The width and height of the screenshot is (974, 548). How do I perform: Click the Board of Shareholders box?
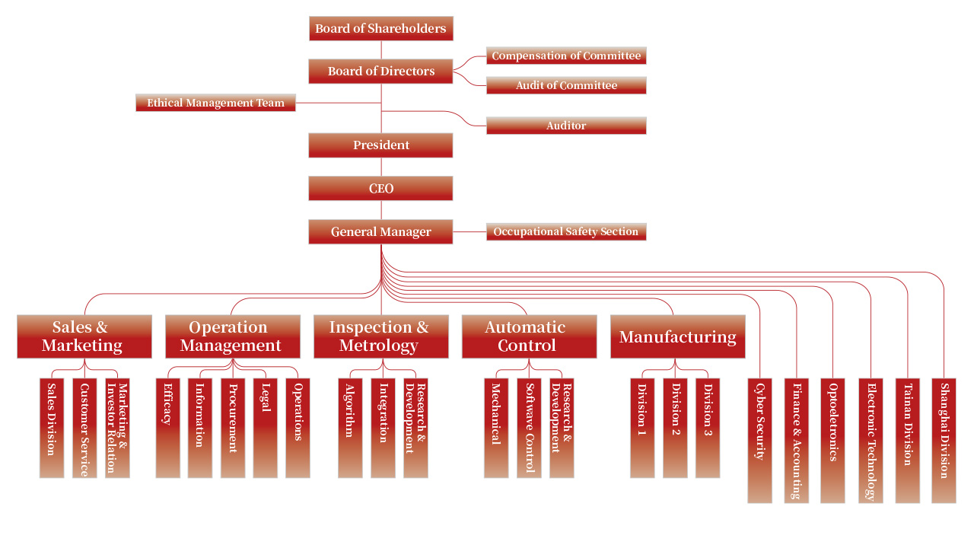tap(380, 28)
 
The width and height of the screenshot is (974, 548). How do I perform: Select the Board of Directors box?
tap(380, 71)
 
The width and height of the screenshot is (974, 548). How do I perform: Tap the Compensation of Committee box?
tap(566, 56)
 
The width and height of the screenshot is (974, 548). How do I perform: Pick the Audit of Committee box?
tap(566, 85)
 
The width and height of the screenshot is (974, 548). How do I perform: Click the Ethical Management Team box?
tap(215, 103)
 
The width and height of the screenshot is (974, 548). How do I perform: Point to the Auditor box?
tap(566, 126)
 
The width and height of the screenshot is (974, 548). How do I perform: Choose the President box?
tap(380, 145)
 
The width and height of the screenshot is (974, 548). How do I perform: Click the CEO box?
tap(380, 188)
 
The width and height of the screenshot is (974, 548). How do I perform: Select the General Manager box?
tap(380, 232)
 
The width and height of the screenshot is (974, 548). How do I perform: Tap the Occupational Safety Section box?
tap(566, 231)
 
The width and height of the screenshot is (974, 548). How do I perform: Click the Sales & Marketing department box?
tap(84, 336)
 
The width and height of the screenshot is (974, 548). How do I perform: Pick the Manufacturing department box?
tap(677, 336)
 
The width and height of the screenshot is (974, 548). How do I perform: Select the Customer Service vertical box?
tap(84, 428)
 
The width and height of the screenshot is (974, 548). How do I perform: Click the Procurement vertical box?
tap(233, 428)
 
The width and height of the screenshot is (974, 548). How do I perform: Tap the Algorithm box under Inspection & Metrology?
tap(350, 428)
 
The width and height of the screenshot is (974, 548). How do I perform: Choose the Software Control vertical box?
tap(529, 428)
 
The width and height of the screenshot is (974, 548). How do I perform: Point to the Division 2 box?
tap(675, 428)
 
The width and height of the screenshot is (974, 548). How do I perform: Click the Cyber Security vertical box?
tap(759, 440)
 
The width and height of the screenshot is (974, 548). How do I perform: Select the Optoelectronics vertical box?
tap(832, 440)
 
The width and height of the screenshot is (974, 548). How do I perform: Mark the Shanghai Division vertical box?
tap(944, 440)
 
